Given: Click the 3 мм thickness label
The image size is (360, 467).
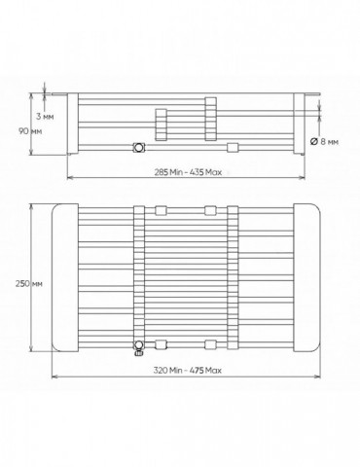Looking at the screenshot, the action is click(x=45, y=117).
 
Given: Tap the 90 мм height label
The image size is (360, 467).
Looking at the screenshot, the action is click(x=30, y=131).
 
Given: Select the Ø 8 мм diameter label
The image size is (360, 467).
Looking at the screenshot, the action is click(x=324, y=142).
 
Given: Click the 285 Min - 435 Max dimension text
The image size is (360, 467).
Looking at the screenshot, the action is click(x=188, y=172).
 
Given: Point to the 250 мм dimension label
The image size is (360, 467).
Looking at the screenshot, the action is click(x=29, y=283).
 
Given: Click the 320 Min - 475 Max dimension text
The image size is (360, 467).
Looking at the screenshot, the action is click(x=188, y=370).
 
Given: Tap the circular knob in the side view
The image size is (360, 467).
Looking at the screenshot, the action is click(x=139, y=148).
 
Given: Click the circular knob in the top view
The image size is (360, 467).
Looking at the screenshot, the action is click(x=139, y=344).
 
